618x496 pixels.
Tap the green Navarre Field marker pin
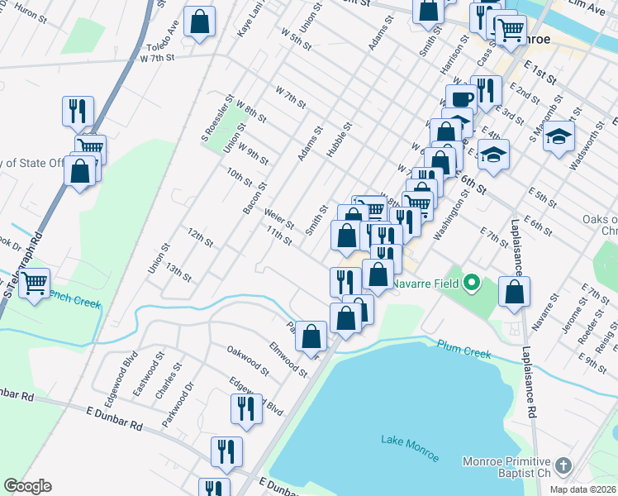point(472,284)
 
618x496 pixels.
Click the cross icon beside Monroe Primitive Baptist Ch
point(563,466)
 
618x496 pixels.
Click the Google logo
point(28,486)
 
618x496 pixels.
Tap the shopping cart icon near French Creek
point(35,283)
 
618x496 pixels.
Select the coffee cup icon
point(463,98)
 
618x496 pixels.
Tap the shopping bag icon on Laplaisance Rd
point(514,291)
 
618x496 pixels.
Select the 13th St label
point(178,272)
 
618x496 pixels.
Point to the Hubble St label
point(339,139)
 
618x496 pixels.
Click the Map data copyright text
point(582,489)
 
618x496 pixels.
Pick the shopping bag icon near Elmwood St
point(311,336)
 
